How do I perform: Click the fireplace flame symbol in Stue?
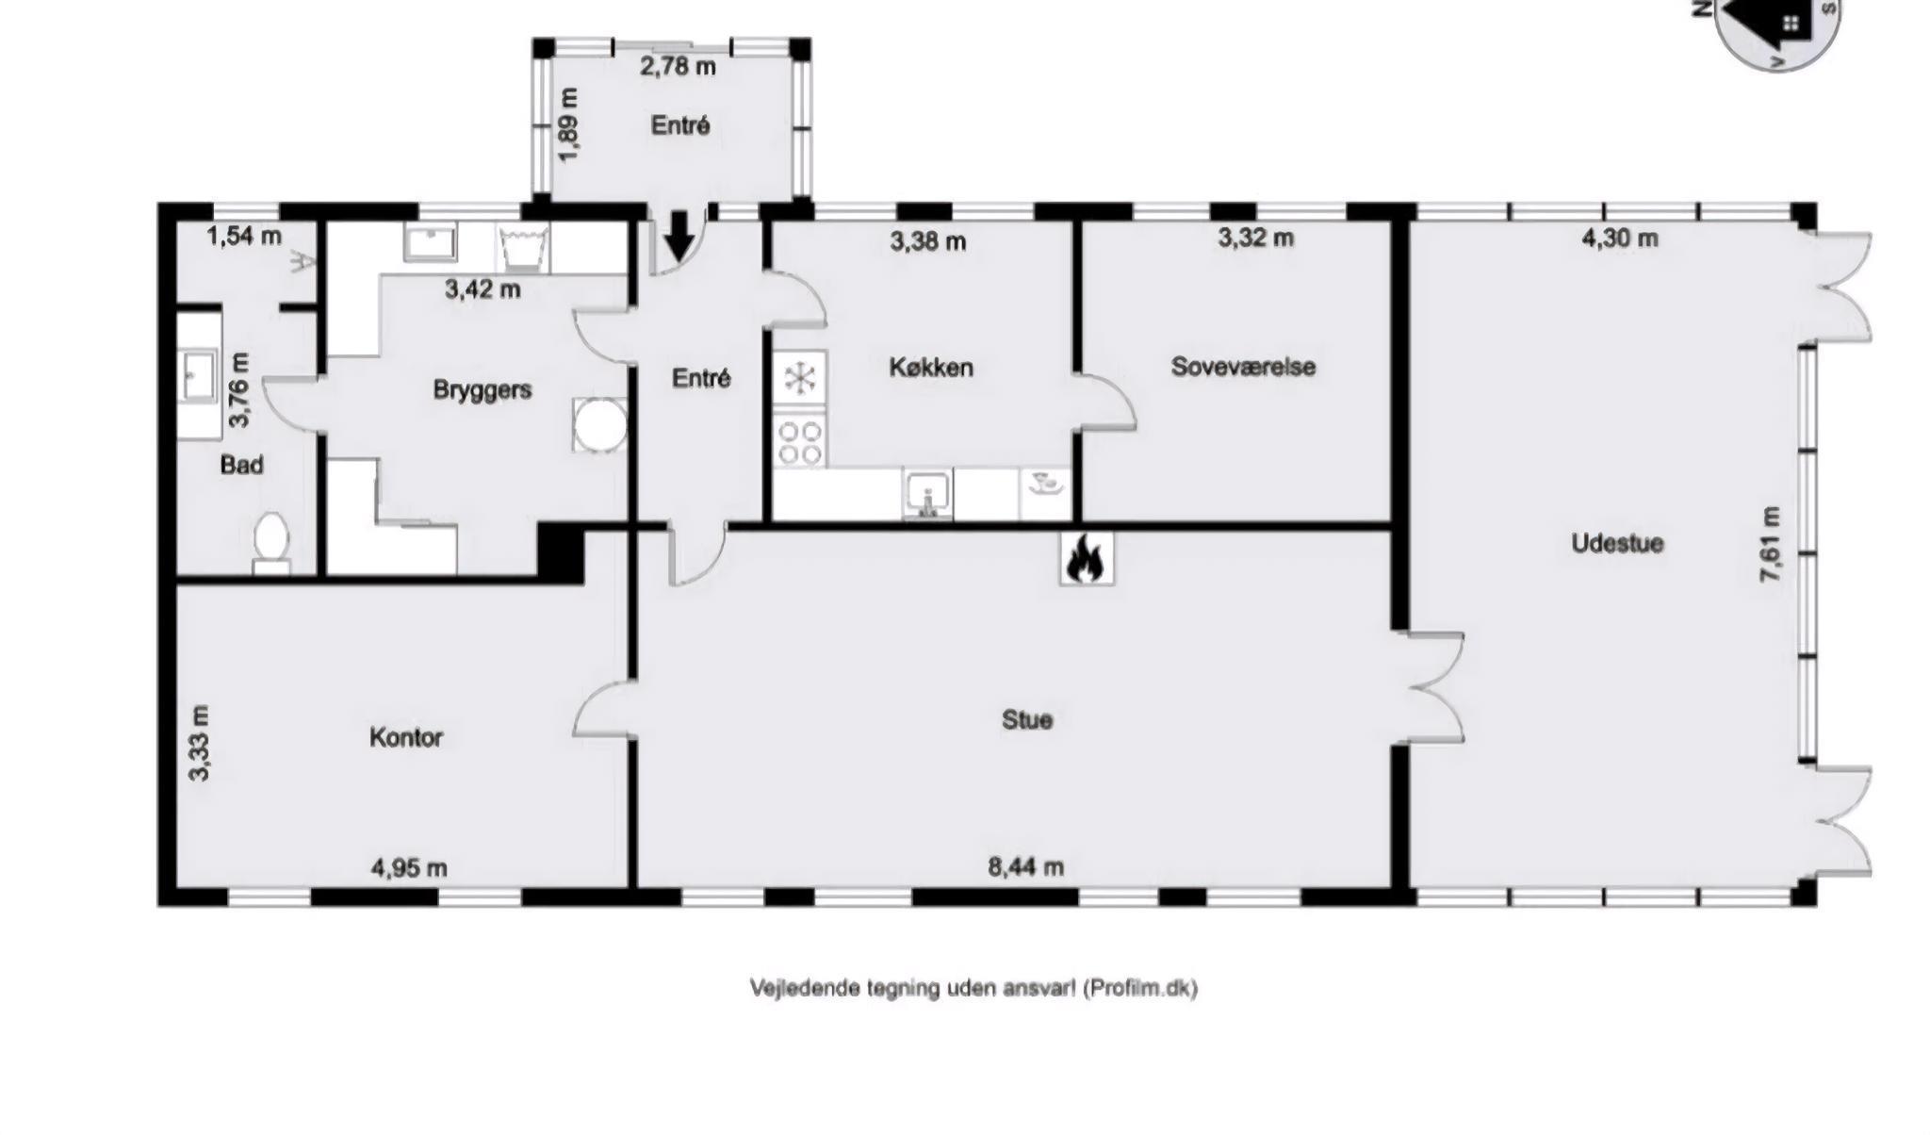point(1086,559)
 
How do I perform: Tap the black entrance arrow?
point(679,235)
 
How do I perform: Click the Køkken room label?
point(931,368)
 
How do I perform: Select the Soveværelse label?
point(1243,367)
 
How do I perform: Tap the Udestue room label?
point(1617,543)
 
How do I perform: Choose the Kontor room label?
point(406,737)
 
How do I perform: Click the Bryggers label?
point(482,390)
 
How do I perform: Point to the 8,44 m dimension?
point(1026,866)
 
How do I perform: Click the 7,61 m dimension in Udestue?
point(1771,545)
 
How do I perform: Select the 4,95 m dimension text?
point(409,867)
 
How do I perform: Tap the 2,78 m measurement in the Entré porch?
point(678,67)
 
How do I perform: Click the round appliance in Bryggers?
point(599,425)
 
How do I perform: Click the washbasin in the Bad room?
point(199,375)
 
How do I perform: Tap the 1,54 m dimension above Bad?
point(244,237)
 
